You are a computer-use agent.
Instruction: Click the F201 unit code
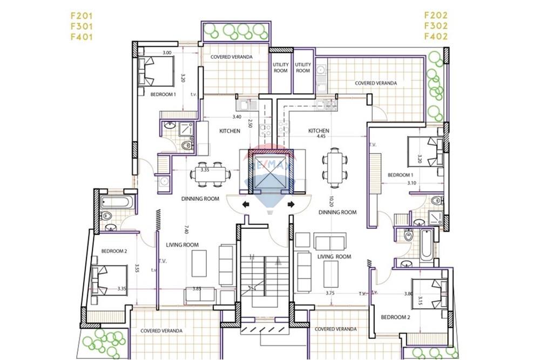pyautogui.click(x=81, y=15)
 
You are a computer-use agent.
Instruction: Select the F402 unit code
pyautogui.click(x=436, y=37)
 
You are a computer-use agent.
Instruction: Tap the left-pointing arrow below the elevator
pyautogui.click(x=246, y=204)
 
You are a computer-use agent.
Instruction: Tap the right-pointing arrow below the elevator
pyautogui.click(x=291, y=204)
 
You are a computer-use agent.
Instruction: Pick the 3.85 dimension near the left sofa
pyautogui.click(x=197, y=289)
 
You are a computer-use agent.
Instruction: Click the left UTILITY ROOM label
pyautogui.click(x=281, y=67)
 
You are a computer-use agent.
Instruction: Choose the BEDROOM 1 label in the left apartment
pyautogui.click(x=164, y=94)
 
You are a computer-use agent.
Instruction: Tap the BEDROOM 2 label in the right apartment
pyautogui.click(x=395, y=317)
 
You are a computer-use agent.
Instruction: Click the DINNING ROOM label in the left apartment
pyautogui.click(x=200, y=199)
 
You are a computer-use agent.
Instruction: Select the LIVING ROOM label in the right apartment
pyautogui.click(x=334, y=256)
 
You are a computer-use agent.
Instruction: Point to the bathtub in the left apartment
pyautogui.click(x=115, y=203)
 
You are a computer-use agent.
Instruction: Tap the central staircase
pyautogui.click(x=265, y=281)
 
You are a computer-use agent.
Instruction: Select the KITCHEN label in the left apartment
pyautogui.click(x=230, y=131)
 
